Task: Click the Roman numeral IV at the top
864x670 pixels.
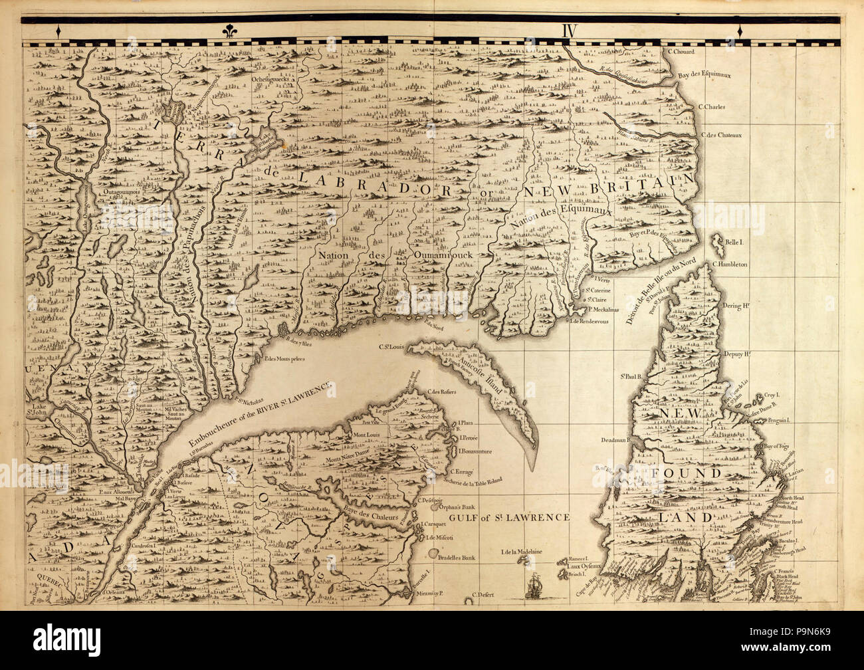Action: tap(568, 31)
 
